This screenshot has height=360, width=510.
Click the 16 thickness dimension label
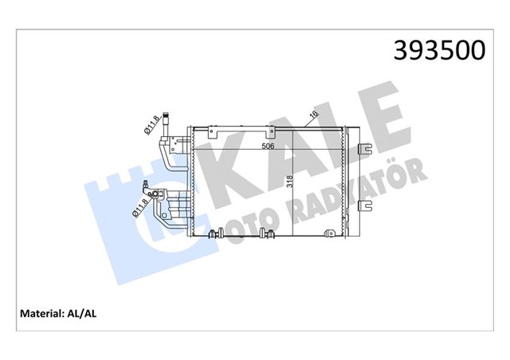click(x=316, y=115)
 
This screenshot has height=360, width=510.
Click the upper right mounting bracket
click(x=366, y=148)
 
